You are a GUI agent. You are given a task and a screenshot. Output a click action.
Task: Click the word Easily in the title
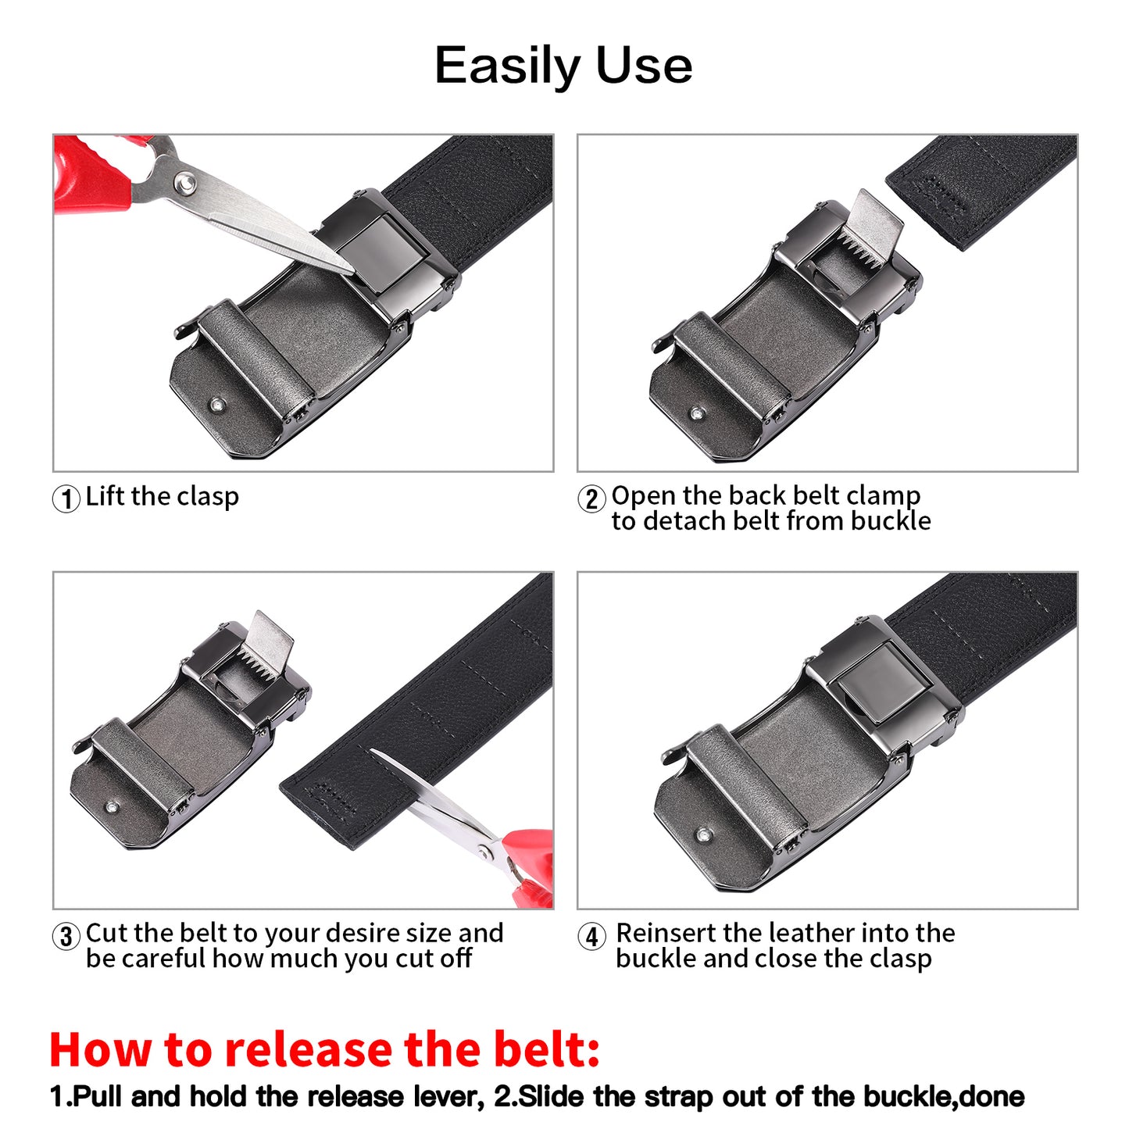coord(509,66)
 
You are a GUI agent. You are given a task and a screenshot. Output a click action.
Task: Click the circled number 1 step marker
coord(66,498)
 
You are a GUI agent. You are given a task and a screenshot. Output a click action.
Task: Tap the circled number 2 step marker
coord(591,498)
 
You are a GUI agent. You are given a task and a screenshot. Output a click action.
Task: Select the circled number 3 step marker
coord(66,936)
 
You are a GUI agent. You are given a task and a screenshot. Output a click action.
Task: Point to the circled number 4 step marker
coord(591,936)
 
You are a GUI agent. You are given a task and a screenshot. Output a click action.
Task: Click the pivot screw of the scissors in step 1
coord(184,183)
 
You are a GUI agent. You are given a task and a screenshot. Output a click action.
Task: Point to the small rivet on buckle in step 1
coord(217,405)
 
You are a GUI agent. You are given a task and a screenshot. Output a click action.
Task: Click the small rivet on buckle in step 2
coord(696,413)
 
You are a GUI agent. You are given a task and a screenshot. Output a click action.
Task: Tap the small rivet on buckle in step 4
coord(704,835)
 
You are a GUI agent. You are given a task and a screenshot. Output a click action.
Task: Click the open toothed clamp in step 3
coord(262,648)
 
